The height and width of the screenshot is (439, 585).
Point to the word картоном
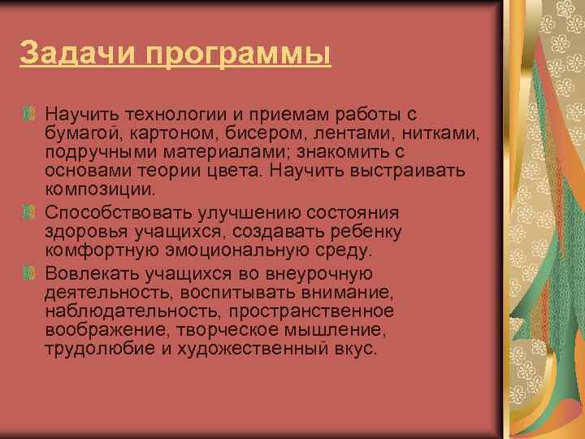(154, 133)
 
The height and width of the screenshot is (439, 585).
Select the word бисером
(235, 133)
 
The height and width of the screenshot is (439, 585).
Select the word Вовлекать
(87, 272)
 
